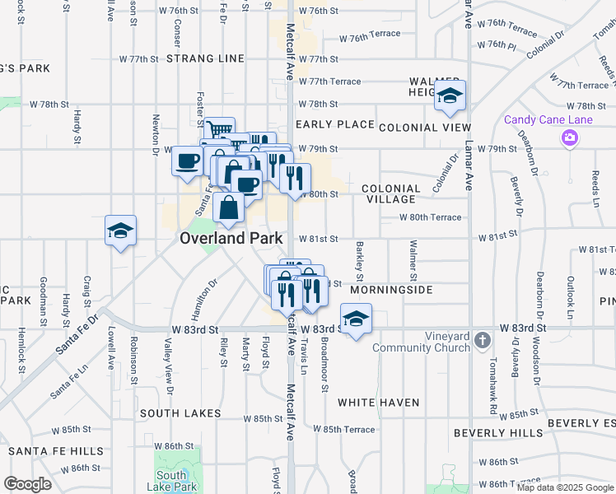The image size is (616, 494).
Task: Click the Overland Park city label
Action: (x=231, y=238)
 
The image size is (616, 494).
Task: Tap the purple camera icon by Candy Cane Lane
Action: (x=568, y=137)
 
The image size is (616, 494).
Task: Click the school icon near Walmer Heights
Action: (x=450, y=97)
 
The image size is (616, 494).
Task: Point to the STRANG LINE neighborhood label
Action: (x=205, y=58)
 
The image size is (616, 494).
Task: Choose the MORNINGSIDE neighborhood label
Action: (x=391, y=291)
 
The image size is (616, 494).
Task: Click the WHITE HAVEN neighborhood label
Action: (x=378, y=403)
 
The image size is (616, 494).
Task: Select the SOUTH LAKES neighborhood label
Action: (x=180, y=412)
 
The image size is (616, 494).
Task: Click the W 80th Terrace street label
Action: (x=430, y=217)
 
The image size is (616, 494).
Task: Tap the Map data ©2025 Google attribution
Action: (x=565, y=487)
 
